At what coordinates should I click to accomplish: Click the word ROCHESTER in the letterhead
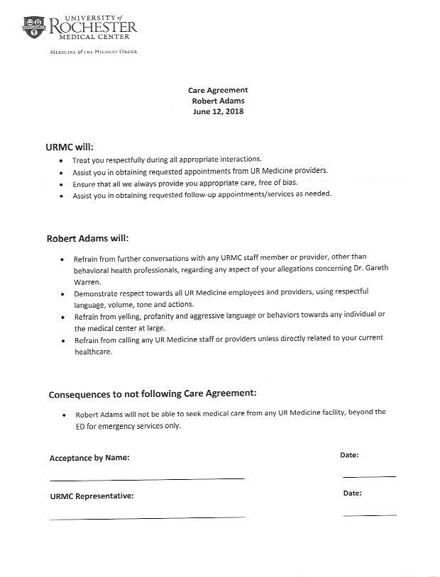(x=92, y=27)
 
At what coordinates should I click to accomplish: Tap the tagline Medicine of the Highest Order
(x=92, y=52)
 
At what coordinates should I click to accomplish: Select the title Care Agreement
(x=218, y=91)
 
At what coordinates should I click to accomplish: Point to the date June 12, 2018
(x=218, y=112)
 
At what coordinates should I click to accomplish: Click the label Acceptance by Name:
(x=89, y=458)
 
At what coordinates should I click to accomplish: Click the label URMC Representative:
(x=92, y=495)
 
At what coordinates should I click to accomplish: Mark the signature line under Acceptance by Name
(x=147, y=478)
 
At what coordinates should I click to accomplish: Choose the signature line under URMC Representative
(x=147, y=518)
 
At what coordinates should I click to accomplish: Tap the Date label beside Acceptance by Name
(x=349, y=455)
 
